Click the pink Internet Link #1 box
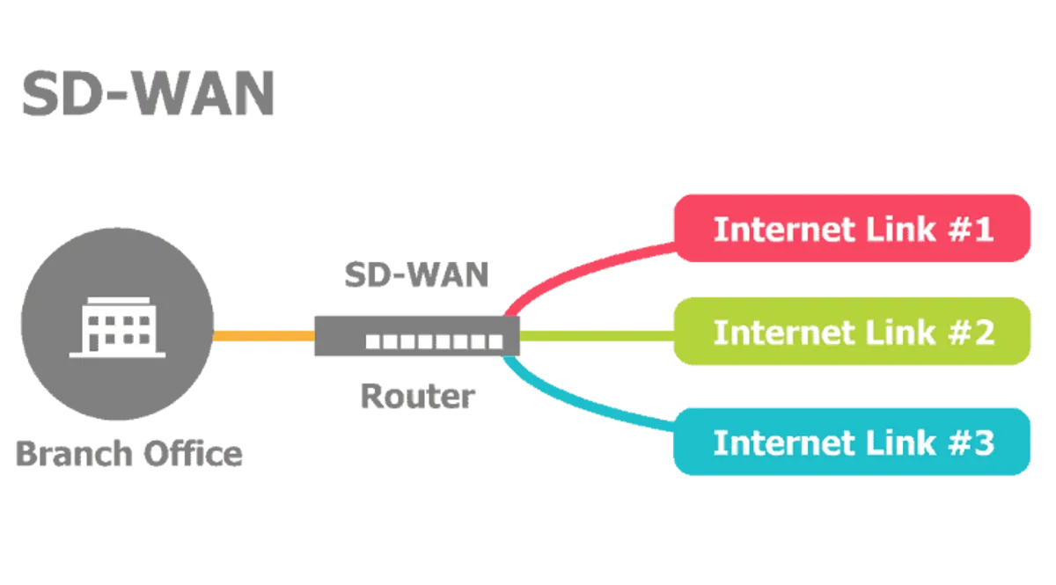pyautogui.click(x=852, y=229)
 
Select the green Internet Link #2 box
pyautogui.click(x=852, y=332)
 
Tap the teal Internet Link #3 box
pyautogui.click(x=852, y=442)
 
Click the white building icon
pyautogui.click(x=117, y=326)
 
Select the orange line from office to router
pyautogui.click(x=263, y=336)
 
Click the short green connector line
pyautogui.click(x=594, y=335)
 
